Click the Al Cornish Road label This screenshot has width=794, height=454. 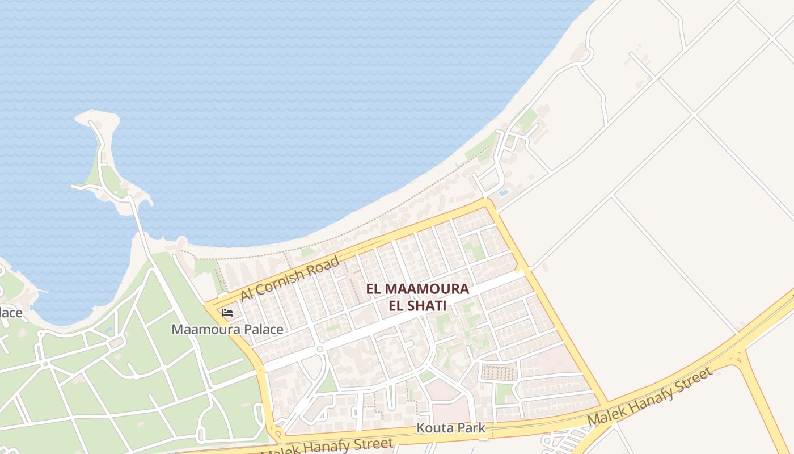(x=290, y=278)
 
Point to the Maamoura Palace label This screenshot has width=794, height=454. (x=227, y=329)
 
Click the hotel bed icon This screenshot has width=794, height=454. (x=227, y=312)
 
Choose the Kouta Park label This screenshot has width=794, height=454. (x=451, y=428)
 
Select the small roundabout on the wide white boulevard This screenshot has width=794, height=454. (x=320, y=349)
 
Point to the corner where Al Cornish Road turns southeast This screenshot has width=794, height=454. (x=486, y=202)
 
